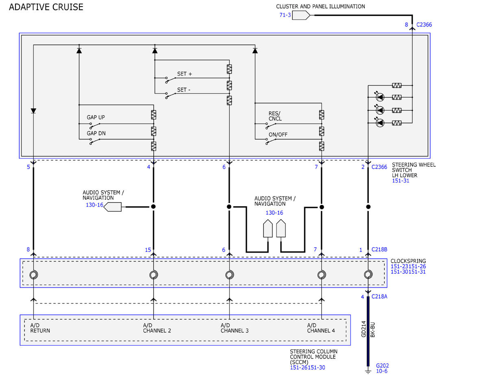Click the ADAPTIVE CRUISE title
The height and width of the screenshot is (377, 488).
click(46, 7)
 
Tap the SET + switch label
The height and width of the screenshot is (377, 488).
click(184, 74)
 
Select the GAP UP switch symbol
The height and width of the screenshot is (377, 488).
click(95, 125)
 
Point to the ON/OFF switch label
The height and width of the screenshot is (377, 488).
click(278, 135)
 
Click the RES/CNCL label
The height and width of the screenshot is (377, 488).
click(275, 116)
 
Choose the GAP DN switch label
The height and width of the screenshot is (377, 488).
click(96, 133)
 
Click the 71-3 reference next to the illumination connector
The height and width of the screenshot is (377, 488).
click(285, 15)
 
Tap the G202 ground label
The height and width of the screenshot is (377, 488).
click(382, 366)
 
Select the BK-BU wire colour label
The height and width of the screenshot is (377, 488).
click(373, 330)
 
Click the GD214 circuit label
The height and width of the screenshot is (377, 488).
click(364, 329)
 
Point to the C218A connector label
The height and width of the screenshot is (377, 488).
click(379, 296)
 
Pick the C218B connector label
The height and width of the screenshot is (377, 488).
click(379, 249)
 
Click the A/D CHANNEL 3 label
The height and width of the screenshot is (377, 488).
click(235, 328)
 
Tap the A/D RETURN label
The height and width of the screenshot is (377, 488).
click(40, 328)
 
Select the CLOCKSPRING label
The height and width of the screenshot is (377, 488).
click(408, 261)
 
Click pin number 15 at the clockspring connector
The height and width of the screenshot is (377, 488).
click(148, 250)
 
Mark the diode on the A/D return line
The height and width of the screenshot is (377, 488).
click(33, 111)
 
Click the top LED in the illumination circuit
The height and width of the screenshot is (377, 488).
click(380, 97)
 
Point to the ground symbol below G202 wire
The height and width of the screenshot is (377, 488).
click(368, 372)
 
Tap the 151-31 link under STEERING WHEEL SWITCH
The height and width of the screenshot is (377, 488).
click(401, 181)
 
